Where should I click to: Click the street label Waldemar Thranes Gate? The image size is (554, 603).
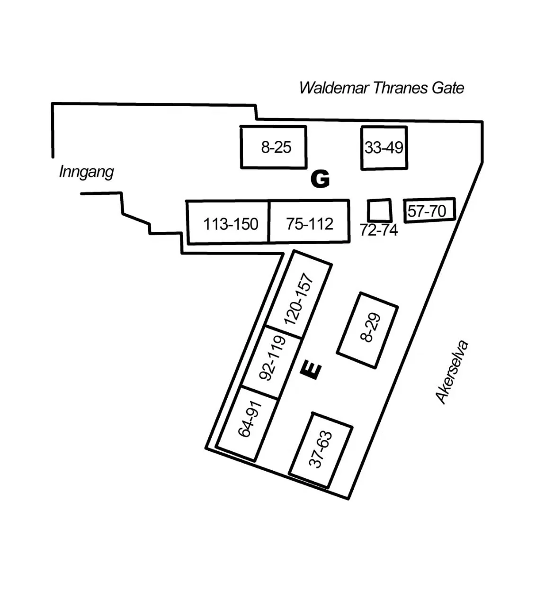381,88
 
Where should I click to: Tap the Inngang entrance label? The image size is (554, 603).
87,172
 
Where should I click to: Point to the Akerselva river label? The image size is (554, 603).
452,372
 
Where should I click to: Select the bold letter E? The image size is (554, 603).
311,371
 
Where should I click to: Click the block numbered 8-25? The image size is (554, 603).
274,147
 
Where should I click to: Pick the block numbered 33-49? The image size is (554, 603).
384,148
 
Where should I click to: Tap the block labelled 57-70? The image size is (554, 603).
429,210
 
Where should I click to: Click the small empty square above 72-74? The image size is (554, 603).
380,210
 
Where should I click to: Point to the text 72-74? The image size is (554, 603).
379,230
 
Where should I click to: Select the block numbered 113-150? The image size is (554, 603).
228,222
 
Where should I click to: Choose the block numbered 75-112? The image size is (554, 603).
310,221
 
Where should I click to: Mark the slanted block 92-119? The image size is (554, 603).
272,362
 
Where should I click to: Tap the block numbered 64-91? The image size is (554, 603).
247,424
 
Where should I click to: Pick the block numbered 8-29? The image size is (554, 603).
367,330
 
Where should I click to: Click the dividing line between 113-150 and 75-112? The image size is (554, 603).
269,222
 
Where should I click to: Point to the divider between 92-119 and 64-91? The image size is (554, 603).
260,393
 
